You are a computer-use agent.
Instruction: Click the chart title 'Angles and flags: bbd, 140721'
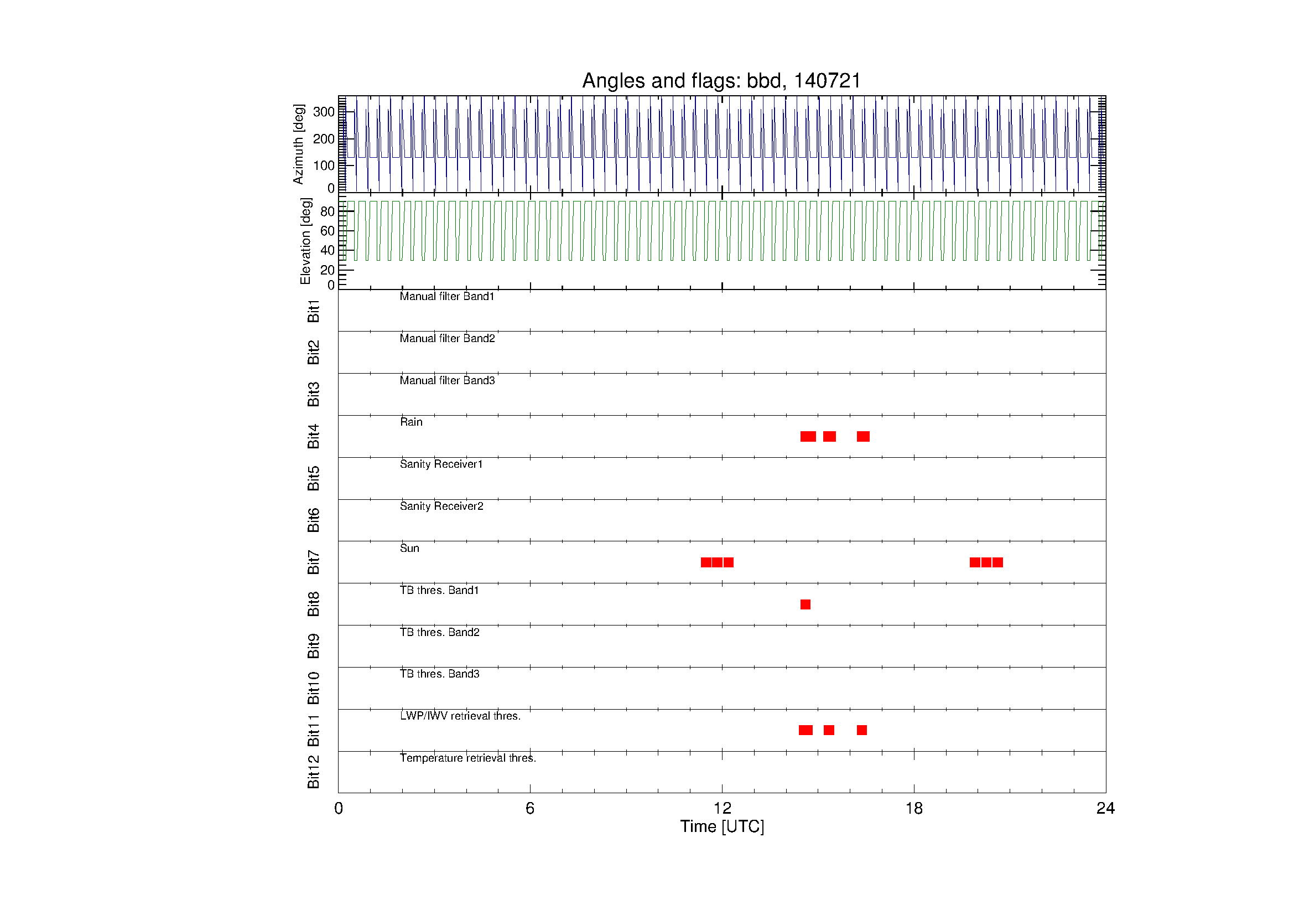pos(721,81)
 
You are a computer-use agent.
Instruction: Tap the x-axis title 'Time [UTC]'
pos(722,826)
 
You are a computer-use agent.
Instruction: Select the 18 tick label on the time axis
pos(913,809)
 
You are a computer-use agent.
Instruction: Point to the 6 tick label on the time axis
pos(530,809)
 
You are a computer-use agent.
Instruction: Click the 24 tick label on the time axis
pos(1105,809)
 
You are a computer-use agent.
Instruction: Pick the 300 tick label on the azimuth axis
pos(324,112)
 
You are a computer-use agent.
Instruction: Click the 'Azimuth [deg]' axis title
pos(298,144)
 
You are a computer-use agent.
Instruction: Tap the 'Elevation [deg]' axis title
pos(305,241)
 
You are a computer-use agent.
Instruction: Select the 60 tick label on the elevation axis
pos(328,231)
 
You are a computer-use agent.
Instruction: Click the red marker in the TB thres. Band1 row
pos(805,604)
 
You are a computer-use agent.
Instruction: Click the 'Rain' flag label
pos(411,422)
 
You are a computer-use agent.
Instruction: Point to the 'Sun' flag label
pos(410,548)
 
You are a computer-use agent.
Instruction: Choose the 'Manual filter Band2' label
pos(448,338)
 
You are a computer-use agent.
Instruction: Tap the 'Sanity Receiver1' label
pos(441,464)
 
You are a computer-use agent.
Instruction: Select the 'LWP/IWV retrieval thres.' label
pos(460,716)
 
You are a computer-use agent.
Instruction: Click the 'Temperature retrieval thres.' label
pos(468,758)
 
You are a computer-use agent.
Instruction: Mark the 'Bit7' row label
pos(313,562)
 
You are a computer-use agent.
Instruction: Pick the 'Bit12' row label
pos(313,772)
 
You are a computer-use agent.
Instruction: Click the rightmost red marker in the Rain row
pos(863,436)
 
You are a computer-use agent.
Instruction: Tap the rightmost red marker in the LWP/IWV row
pos(862,730)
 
